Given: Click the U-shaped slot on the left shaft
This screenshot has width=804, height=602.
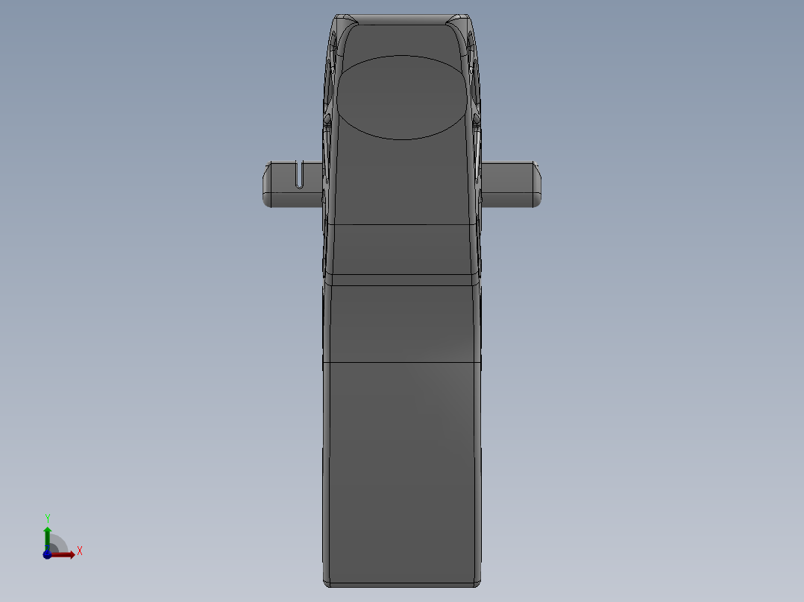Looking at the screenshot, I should click(301, 174).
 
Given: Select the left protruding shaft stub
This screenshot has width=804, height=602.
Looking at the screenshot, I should click(287, 183).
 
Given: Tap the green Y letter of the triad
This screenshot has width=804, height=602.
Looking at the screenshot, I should click(48, 518).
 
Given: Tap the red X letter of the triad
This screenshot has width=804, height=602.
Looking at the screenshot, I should click(80, 551).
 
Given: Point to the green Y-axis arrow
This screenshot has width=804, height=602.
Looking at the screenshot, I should click(48, 534).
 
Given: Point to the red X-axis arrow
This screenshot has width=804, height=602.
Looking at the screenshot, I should click(66, 554).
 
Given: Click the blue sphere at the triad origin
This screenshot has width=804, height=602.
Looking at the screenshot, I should click(47, 554).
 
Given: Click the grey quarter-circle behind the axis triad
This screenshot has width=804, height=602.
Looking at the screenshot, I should click(58, 545).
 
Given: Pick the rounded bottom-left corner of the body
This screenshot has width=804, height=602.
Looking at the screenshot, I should click(327, 581).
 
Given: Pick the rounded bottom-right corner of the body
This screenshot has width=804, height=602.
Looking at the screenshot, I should click(477, 581).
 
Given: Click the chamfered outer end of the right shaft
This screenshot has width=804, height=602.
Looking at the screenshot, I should click(537, 183).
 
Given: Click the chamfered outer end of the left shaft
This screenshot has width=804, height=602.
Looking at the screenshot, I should click(265, 183).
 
